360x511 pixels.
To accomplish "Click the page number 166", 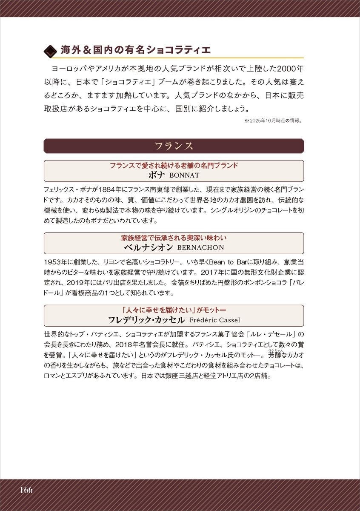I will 25,490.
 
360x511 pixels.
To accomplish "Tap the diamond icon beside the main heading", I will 51,51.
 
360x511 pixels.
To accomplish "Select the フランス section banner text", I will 174,146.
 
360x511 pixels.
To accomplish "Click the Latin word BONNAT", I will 184,175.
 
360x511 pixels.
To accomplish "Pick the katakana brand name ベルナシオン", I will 148,247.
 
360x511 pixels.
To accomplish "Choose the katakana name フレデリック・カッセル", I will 146,320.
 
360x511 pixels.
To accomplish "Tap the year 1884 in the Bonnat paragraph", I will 107,189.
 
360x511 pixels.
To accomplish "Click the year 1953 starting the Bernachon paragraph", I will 53,261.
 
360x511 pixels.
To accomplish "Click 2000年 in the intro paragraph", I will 289,69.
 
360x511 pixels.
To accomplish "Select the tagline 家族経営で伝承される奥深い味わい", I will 174,238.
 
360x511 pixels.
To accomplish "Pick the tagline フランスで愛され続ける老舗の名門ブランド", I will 174,166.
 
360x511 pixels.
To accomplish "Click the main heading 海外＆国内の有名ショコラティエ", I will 136,50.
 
